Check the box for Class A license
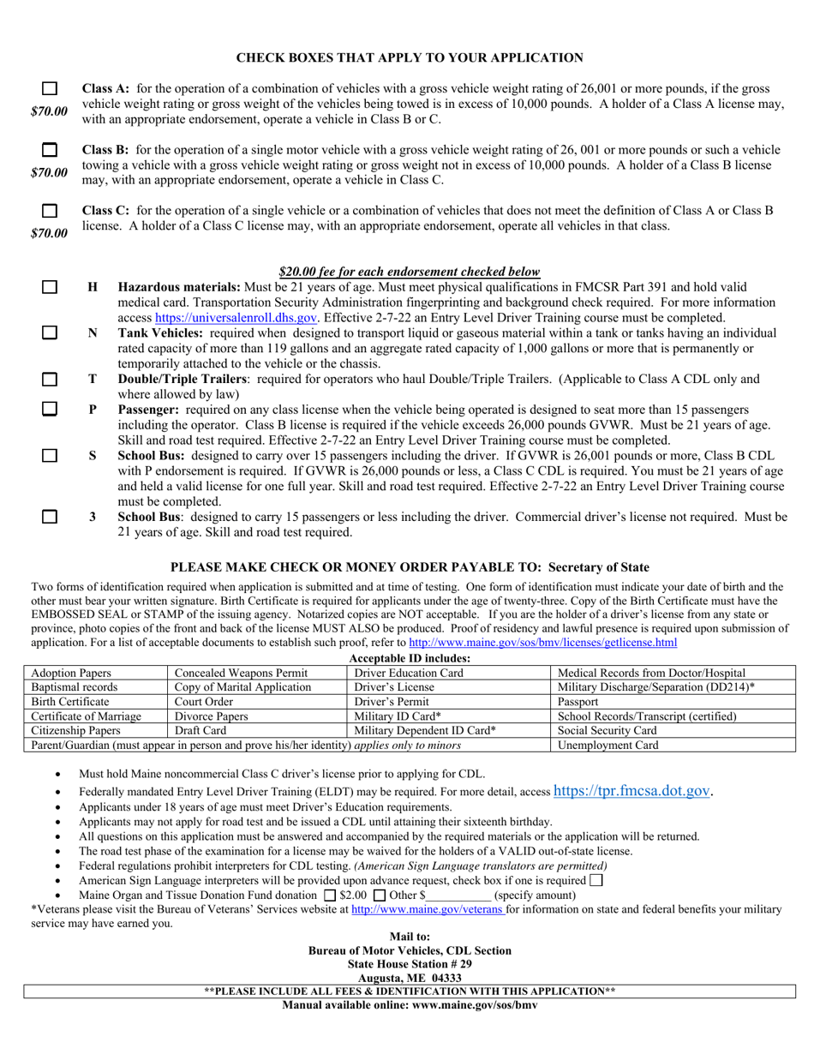coord(50,88)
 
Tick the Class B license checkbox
coord(50,150)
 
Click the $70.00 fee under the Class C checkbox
coord(49,233)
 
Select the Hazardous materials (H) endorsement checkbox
coord(50,288)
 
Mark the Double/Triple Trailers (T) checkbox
coord(50,379)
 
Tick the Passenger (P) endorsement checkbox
coord(50,410)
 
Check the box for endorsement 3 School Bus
coord(50,517)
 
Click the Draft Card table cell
coord(200,731)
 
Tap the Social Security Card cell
coord(607,731)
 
